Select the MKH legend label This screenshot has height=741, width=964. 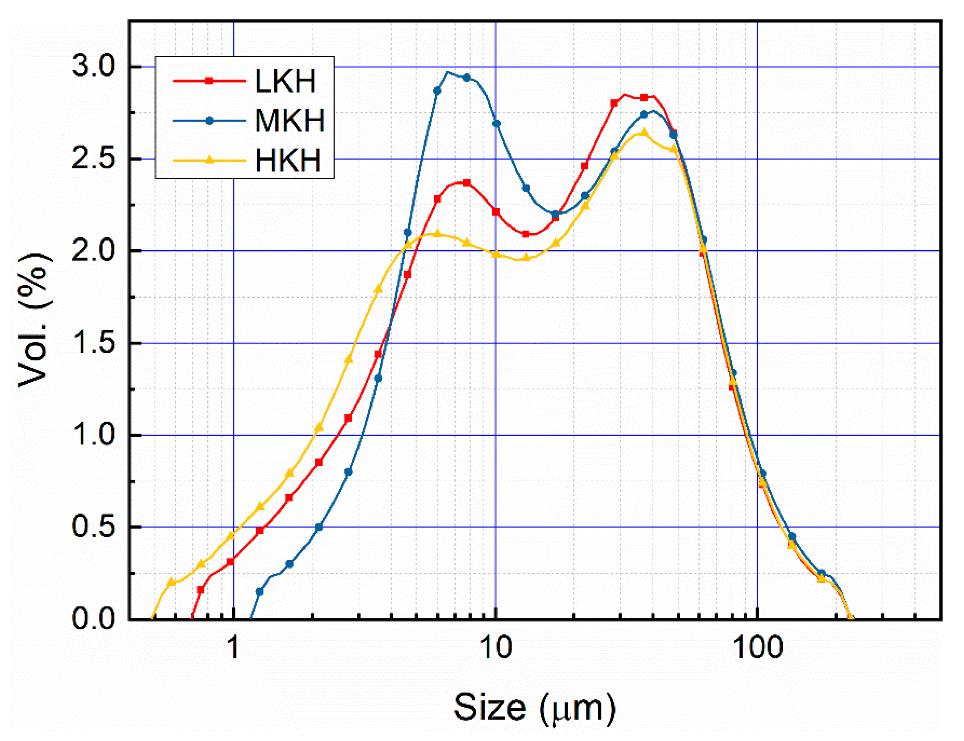[x=290, y=120]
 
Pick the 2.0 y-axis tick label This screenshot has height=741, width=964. [x=94, y=251]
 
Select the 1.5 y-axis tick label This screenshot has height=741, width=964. [x=94, y=343]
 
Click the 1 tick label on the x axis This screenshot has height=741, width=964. [x=233, y=647]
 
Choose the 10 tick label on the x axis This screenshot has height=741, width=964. [x=495, y=647]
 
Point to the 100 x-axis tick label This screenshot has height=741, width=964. [x=757, y=647]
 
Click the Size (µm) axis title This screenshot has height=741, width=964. [x=534, y=707]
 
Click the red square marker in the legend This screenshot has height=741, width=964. [x=209, y=81]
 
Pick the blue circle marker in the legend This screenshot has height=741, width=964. [x=210, y=120]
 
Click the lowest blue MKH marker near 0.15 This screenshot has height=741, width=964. [x=259, y=592]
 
